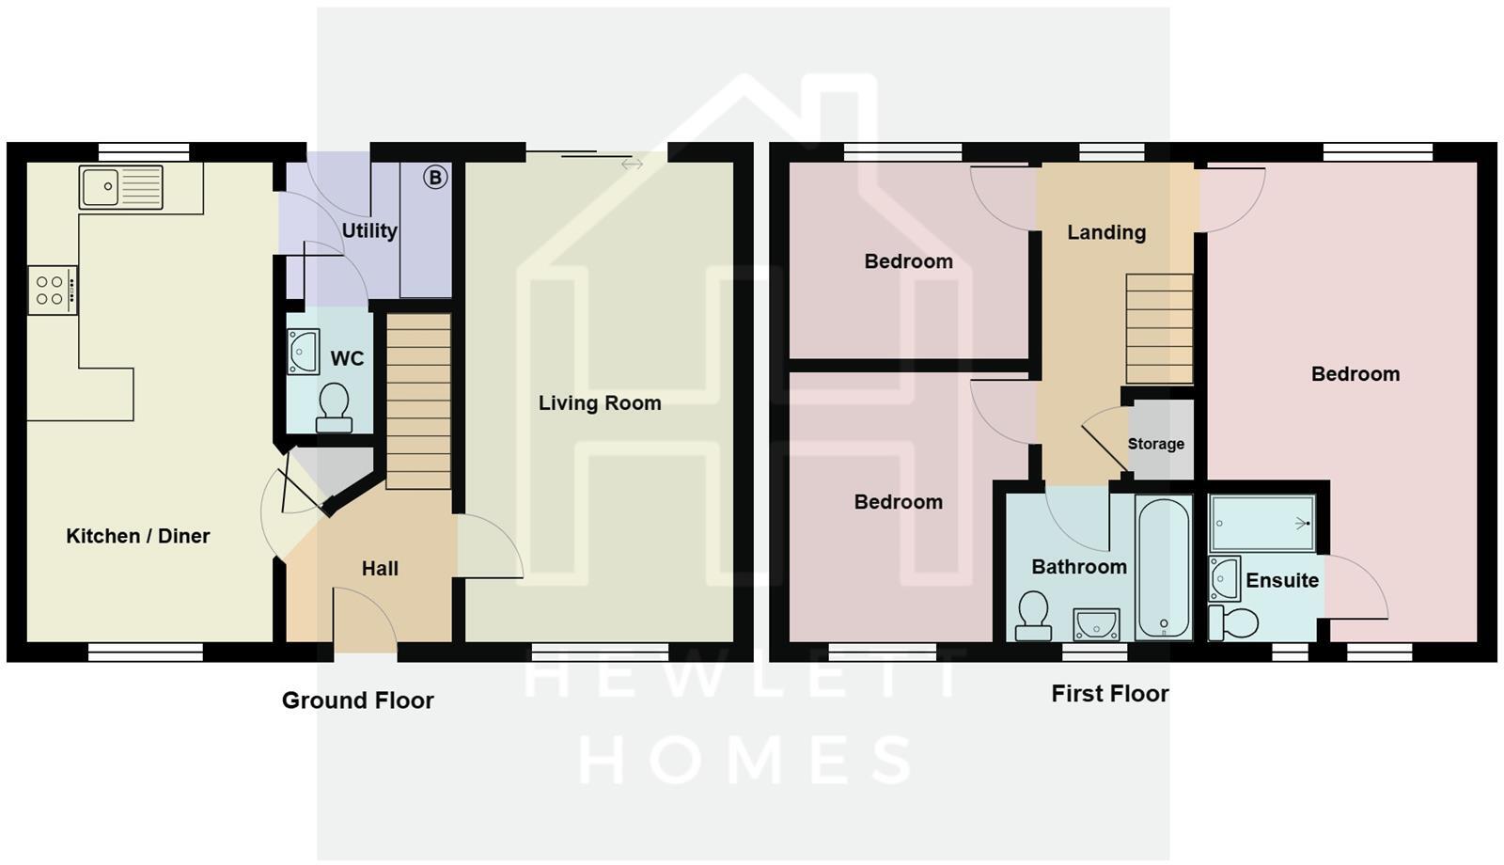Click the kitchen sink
click(x=121, y=187)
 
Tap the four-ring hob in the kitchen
click(x=53, y=291)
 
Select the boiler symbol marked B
click(x=435, y=178)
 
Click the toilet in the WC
click(x=334, y=408)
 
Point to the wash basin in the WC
click(x=303, y=352)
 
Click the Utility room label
click(x=369, y=231)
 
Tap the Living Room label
click(x=600, y=403)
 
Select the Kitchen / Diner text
click(x=137, y=536)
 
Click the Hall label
click(x=380, y=569)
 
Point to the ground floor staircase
click(x=418, y=401)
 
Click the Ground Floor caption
click(x=358, y=700)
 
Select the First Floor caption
click(x=1110, y=694)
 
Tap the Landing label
click(x=1106, y=232)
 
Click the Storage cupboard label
click(x=1155, y=444)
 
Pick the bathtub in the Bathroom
click(x=1164, y=568)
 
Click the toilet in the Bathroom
click(x=1033, y=615)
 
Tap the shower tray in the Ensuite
click(x=1261, y=524)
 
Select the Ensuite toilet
click(x=1232, y=622)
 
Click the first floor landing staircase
click(x=1160, y=328)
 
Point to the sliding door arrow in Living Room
click(x=633, y=164)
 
